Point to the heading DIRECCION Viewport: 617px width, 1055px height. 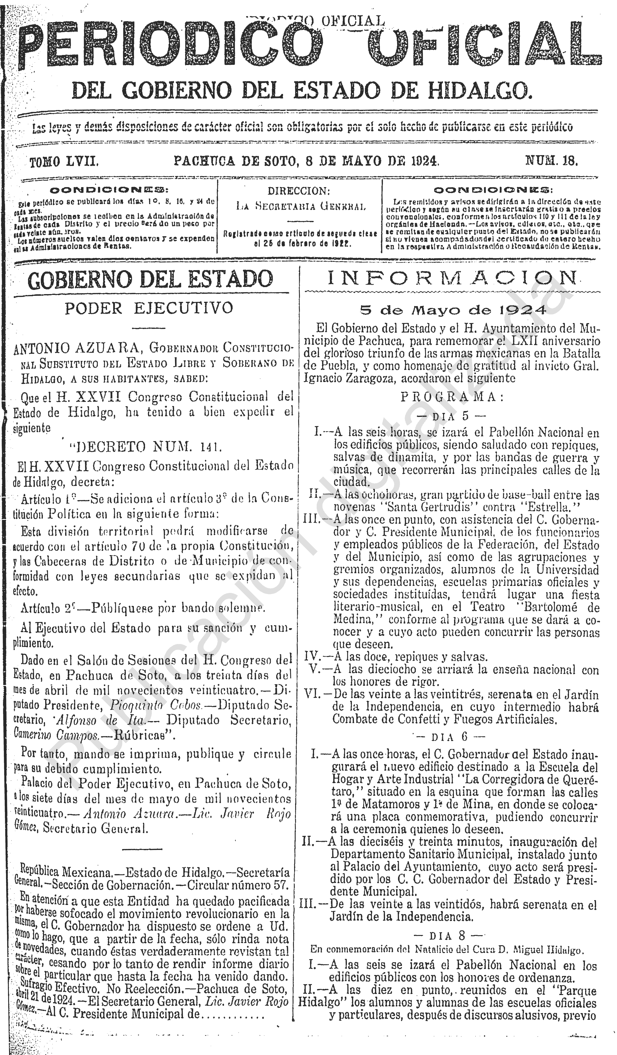299,191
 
